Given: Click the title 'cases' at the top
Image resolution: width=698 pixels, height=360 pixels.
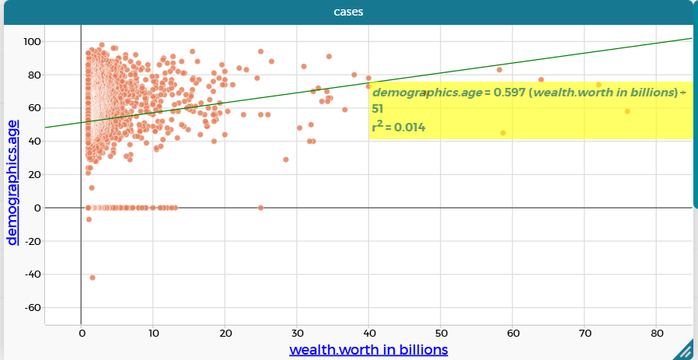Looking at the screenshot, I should [349, 12].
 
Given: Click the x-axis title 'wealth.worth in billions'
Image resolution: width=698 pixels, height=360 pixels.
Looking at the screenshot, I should [368, 349].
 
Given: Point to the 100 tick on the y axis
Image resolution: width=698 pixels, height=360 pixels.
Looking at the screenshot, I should [33, 41].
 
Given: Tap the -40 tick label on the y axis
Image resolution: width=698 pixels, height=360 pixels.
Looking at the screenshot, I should [31, 274].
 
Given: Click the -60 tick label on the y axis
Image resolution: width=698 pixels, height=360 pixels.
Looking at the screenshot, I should [31, 308].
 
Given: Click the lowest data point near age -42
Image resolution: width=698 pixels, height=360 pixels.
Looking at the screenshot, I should [92, 278].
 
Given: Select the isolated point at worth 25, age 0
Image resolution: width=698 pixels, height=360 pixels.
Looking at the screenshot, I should [260, 208].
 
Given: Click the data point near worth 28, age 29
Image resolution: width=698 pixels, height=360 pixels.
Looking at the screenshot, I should [286, 159].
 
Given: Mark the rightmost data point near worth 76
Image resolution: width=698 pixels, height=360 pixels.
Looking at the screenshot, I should [627, 111].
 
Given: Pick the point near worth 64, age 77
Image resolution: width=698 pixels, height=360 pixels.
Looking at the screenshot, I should [541, 80].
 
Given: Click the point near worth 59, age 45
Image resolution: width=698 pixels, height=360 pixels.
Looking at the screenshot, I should [503, 133].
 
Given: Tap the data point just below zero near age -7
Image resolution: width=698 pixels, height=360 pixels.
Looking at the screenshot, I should [89, 219].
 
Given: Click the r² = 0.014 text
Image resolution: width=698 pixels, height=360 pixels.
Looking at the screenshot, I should [399, 127].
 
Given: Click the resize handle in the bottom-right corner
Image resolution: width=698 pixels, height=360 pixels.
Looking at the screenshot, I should [686, 350].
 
